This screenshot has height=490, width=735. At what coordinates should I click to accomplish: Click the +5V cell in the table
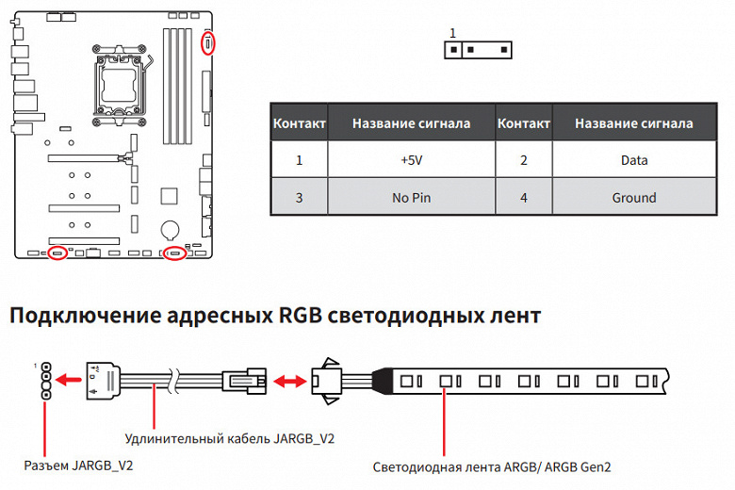411,160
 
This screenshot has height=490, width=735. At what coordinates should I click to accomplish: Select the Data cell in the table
633,160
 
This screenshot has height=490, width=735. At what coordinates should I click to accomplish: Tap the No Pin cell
411,198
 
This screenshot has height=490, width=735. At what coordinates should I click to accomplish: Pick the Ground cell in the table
633,198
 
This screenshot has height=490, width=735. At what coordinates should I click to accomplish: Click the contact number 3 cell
299,198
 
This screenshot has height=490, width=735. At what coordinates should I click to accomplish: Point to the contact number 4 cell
523,198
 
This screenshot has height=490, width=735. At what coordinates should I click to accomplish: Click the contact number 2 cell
523,160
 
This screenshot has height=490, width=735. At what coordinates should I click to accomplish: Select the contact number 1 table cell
299,160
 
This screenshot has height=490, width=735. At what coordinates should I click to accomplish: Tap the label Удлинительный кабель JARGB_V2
230,438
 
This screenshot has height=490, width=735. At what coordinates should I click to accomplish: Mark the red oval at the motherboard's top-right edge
208,43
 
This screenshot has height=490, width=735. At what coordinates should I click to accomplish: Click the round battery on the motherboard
171,228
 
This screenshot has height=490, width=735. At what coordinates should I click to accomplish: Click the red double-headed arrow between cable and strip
290,382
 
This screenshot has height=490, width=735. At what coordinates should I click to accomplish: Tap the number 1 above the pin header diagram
452,33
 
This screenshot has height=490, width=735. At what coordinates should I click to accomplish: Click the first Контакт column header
299,123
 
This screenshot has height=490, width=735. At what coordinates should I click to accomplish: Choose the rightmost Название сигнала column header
633,123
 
